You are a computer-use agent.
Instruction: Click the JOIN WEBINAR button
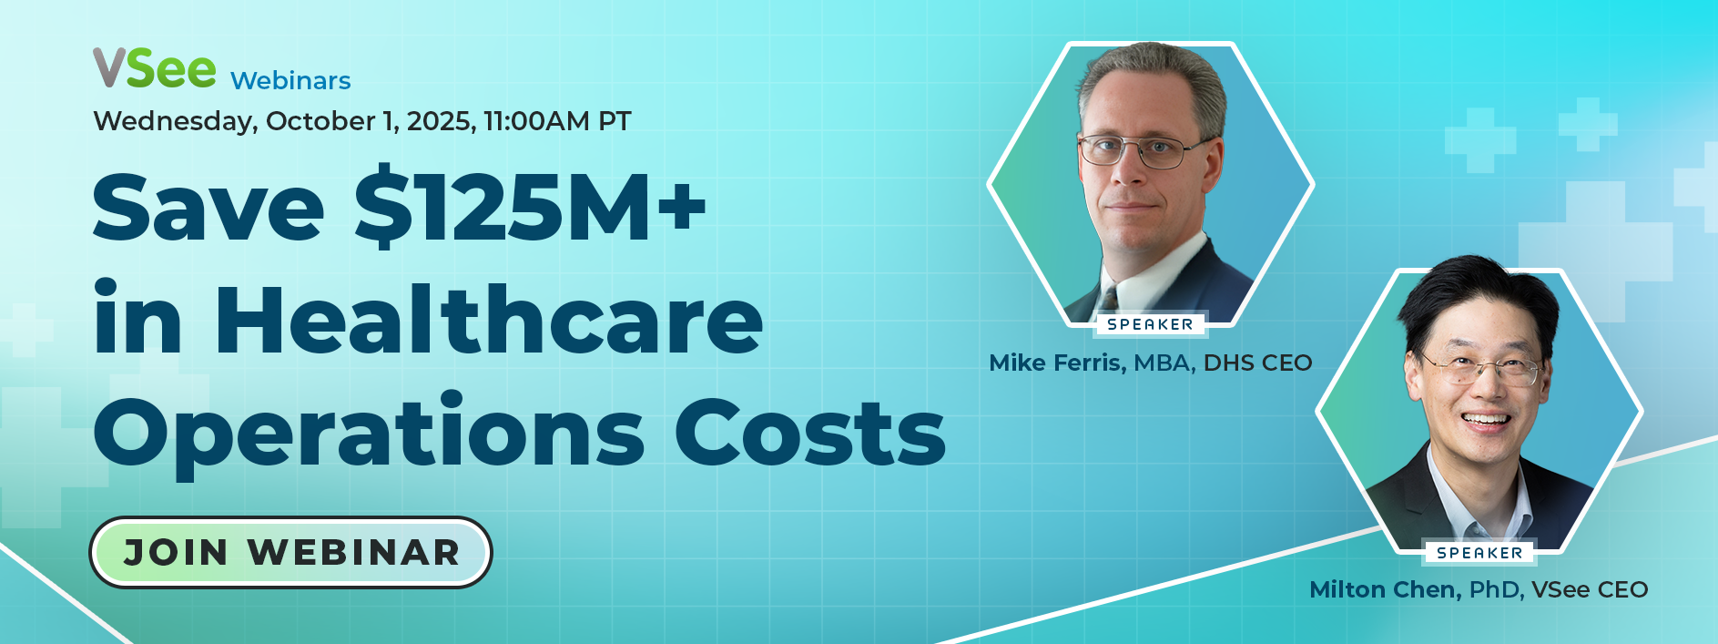pos(290,552)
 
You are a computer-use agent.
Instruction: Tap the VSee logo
pos(155,68)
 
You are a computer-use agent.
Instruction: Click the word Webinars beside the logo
pos(290,81)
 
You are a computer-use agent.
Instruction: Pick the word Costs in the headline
pos(810,432)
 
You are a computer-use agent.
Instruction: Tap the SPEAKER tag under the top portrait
pos(1150,324)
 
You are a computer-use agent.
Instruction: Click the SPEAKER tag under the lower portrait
pos(1479,553)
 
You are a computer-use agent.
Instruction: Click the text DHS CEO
pos(1257,363)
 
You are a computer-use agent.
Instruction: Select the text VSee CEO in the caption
pos(1590,589)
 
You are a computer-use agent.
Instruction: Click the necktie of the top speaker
pos(1110,300)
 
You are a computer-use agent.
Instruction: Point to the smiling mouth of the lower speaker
pos(1486,421)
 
